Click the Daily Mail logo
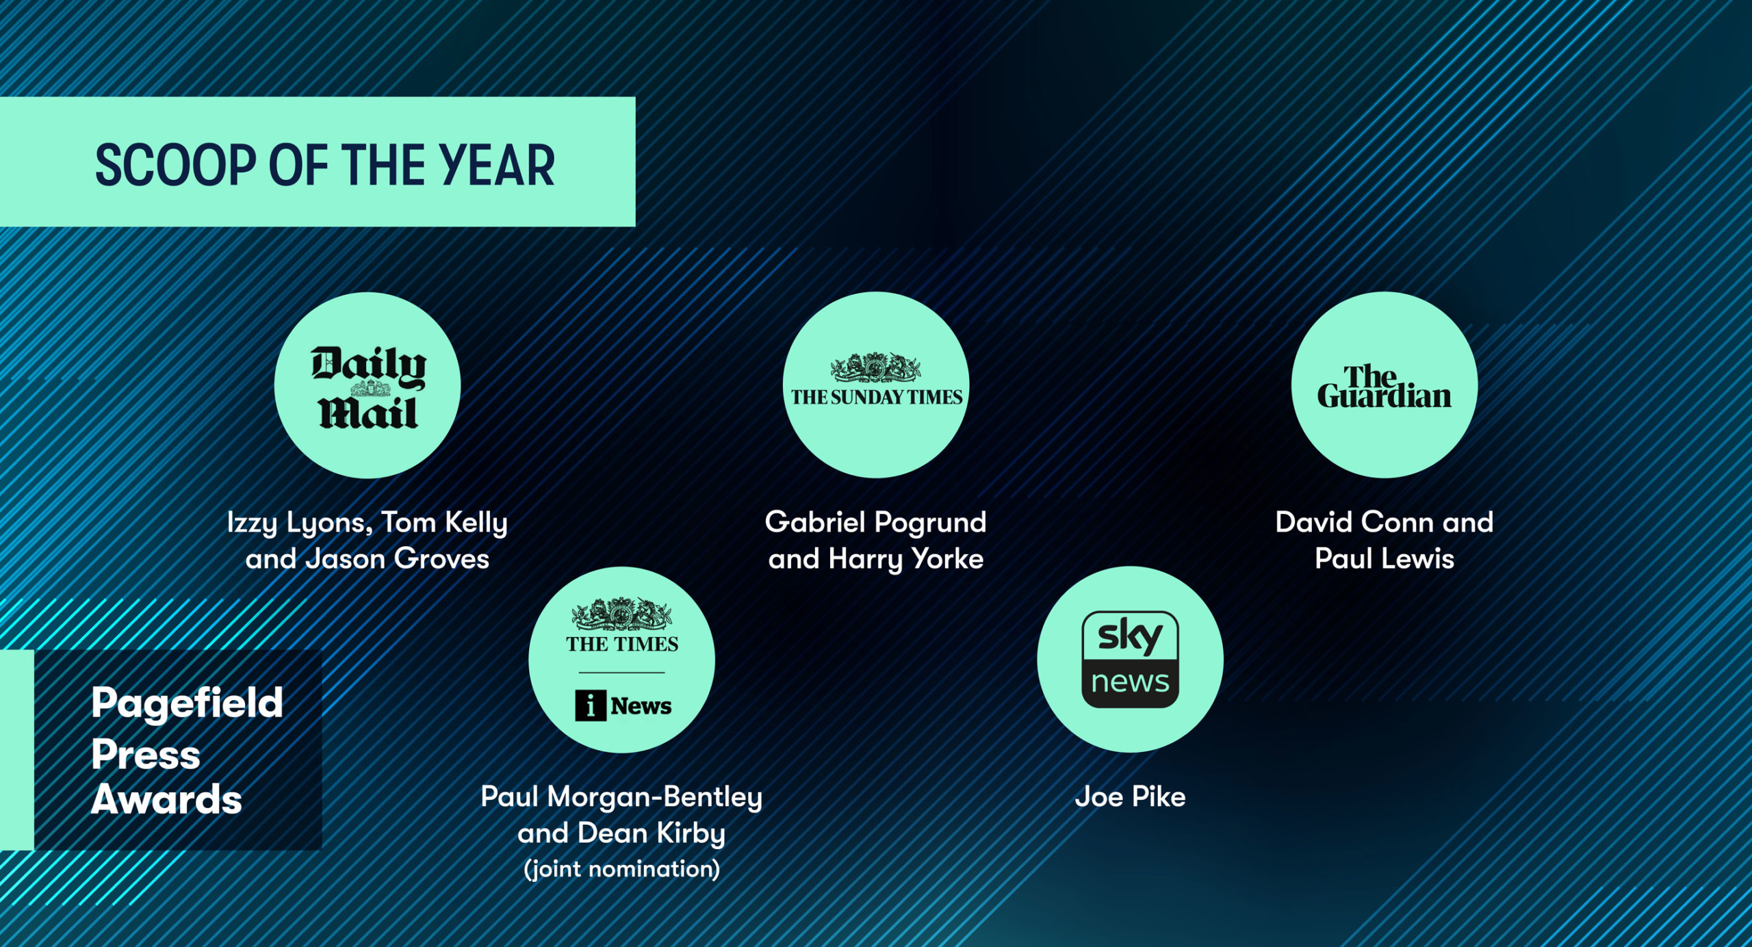(x=368, y=387)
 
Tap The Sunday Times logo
(x=876, y=380)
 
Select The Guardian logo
(x=1384, y=387)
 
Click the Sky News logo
(x=1130, y=659)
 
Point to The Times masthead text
(x=622, y=644)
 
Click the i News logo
(x=623, y=705)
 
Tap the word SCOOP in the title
(x=177, y=166)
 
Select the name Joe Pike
(x=1130, y=796)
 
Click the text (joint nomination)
(x=621, y=869)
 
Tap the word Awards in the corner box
(x=166, y=799)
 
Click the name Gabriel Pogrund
(x=875, y=522)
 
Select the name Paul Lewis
(x=1384, y=559)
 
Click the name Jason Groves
(x=397, y=559)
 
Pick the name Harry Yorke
(x=905, y=560)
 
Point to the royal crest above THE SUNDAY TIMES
(x=876, y=367)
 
